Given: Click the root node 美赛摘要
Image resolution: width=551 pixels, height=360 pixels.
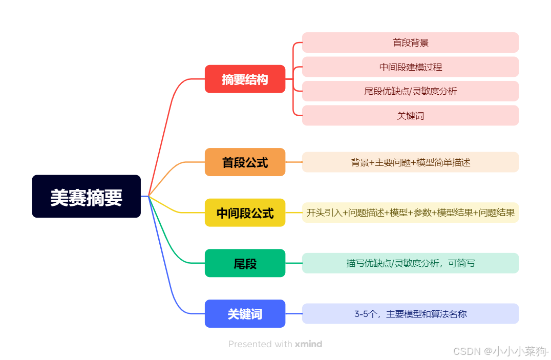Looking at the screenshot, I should (86, 197).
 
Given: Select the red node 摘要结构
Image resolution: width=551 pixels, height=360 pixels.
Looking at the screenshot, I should (245, 79).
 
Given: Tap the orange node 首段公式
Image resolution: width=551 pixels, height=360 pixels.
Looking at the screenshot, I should (245, 162).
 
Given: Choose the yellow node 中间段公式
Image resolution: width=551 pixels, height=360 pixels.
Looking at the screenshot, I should (245, 213).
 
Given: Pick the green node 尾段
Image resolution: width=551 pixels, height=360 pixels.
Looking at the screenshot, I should (245, 263).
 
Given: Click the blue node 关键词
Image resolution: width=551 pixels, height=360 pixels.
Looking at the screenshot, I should (245, 313).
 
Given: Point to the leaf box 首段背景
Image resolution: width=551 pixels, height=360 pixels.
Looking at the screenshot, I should (410, 43).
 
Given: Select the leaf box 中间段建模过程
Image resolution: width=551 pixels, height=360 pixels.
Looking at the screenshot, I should (410, 67).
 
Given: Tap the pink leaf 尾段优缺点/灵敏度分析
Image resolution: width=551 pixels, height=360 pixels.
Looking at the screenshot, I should (410, 91).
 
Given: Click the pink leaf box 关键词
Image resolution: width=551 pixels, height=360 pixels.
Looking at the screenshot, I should (410, 116).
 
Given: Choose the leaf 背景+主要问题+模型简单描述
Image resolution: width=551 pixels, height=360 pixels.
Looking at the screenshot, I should (410, 162).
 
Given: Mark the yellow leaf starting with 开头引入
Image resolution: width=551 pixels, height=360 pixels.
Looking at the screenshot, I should (410, 213).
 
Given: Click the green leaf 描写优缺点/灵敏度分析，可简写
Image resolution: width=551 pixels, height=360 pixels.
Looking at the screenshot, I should (410, 263).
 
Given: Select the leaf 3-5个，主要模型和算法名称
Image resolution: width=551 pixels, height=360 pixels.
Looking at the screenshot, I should (410, 313).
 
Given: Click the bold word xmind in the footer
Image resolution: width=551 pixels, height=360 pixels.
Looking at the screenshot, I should (308, 344).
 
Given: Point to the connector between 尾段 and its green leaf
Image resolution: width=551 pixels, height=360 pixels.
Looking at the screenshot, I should (293, 263).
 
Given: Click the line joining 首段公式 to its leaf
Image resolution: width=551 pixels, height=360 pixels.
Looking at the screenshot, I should (293, 162).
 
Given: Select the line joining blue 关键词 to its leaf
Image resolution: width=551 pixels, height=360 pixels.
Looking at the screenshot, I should (293, 313).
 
